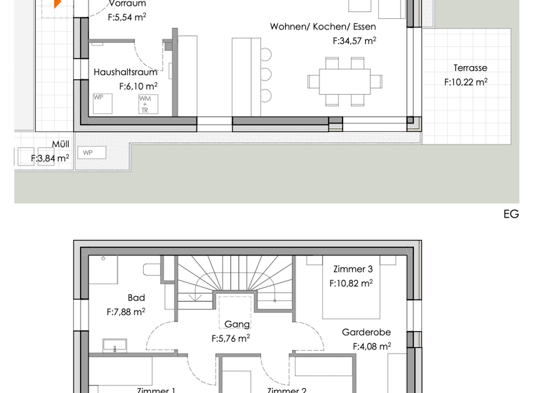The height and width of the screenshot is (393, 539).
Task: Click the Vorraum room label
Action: pos(127,4)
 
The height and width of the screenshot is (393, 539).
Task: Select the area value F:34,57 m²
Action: pos(354,41)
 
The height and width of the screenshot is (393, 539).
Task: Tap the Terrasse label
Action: pos(470,68)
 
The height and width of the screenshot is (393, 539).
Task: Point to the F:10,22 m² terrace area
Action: pos(465,82)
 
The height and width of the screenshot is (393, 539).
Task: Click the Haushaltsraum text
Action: pos(125,72)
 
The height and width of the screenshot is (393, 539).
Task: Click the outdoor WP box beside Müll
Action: pos(91,152)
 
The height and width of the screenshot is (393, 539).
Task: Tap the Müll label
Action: pos(60,145)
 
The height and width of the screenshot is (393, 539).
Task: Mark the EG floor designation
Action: pos(511,215)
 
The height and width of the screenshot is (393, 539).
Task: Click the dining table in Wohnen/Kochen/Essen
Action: pos(344,81)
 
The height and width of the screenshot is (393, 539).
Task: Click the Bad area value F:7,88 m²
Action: pos(126,312)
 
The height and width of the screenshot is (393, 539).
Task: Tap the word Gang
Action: pos(237,324)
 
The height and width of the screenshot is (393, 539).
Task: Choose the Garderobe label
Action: pos(366,332)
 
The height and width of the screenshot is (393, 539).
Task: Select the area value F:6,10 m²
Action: pos(138,86)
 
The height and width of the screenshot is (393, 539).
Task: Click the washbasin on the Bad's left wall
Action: pos(115,345)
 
